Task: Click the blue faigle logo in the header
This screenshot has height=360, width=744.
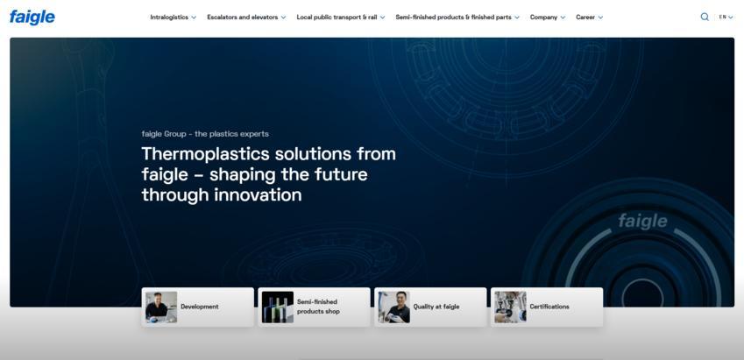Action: [x=32, y=17]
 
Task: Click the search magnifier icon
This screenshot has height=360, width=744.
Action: [x=705, y=17]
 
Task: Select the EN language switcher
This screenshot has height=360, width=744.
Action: [x=726, y=17]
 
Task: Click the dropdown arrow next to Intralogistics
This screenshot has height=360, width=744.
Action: [x=194, y=18]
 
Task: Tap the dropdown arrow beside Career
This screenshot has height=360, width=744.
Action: [x=600, y=18]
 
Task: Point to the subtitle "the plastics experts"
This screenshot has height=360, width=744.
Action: [x=231, y=134]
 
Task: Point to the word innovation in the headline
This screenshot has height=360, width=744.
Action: [x=258, y=194]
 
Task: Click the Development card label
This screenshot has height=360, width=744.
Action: [x=200, y=307]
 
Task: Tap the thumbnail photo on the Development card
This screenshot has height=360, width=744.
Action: [x=161, y=307]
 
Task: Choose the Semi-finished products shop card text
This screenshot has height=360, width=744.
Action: [x=318, y=307]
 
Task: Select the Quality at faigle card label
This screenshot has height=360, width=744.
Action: [x=436, y=307]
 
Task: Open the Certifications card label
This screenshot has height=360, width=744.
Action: [x=549, y=307]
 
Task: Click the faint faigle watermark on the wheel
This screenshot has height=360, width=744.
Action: [x=642, y=221]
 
